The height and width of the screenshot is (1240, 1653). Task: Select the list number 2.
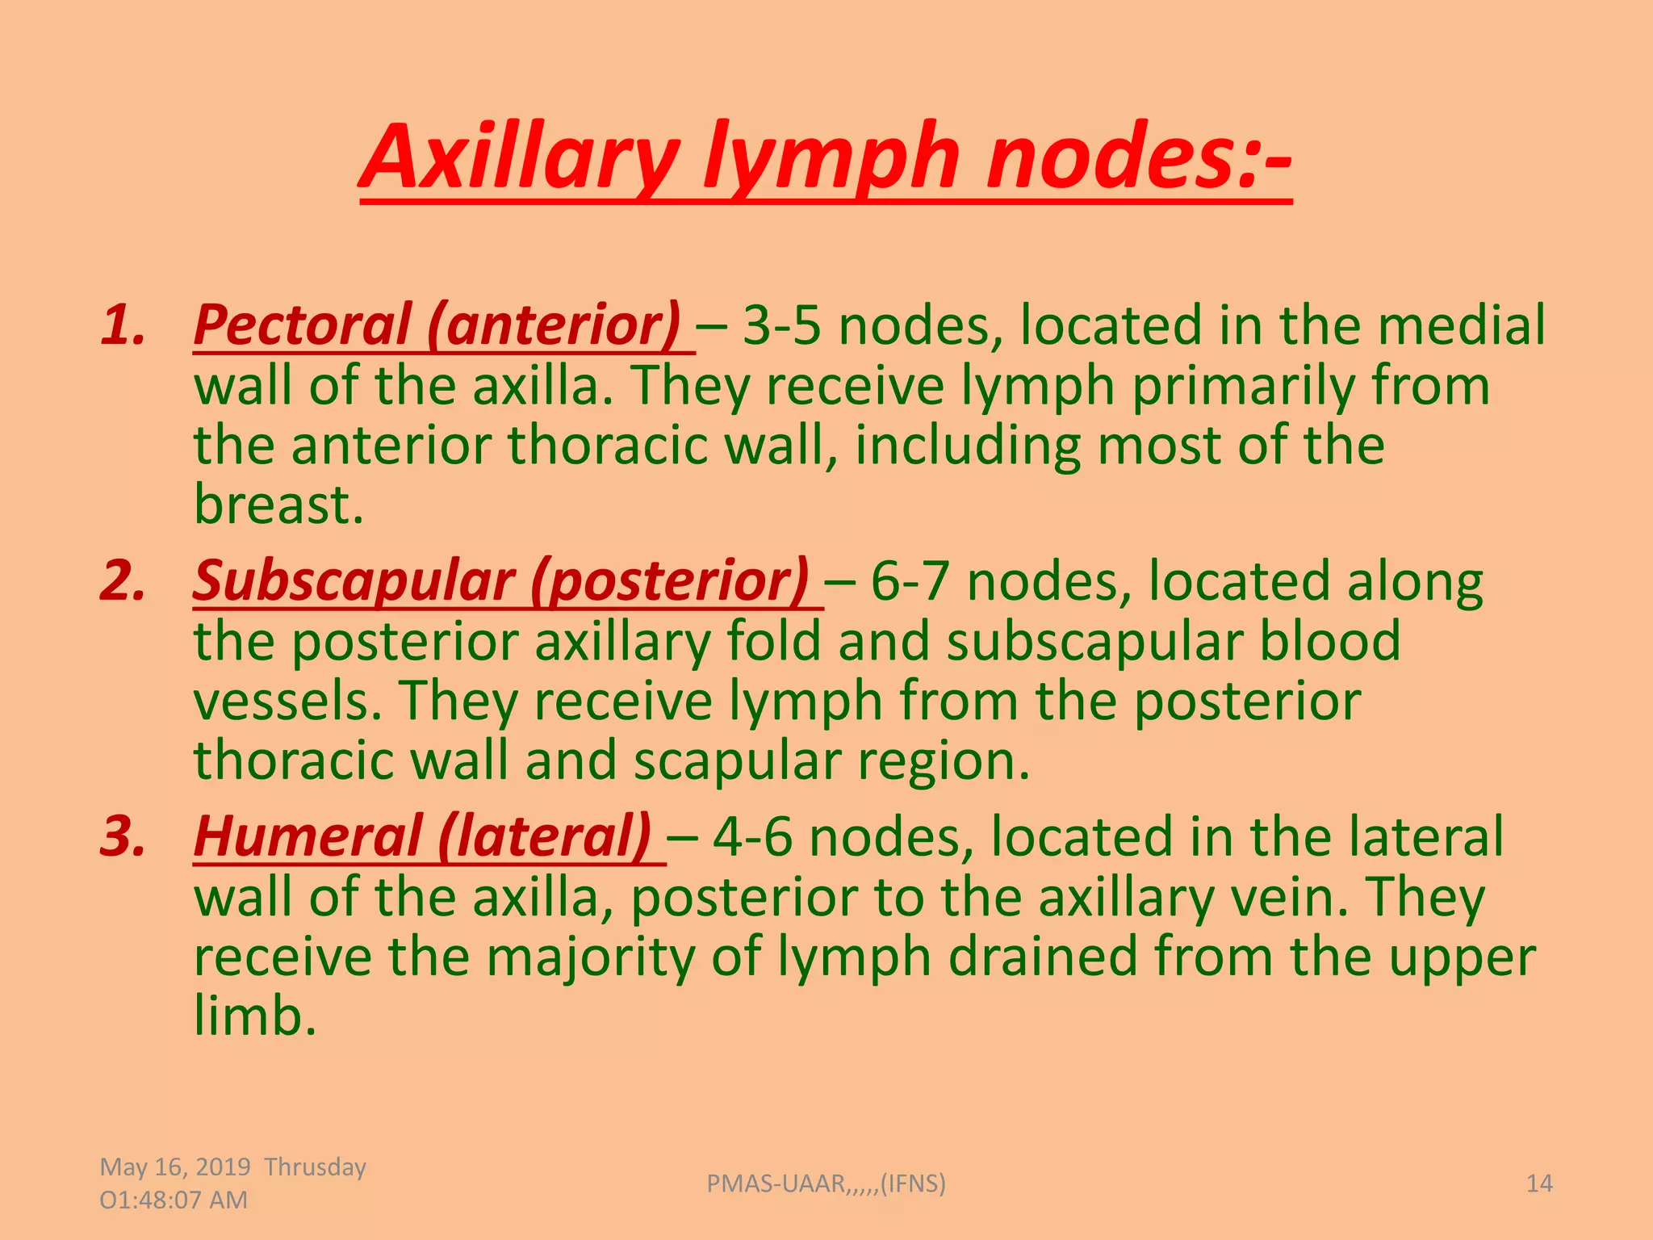point(123,581)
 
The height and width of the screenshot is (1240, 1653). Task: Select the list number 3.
point(123,836)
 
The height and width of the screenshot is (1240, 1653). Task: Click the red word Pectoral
point(303,325)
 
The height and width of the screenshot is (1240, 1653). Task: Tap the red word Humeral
point(307,836)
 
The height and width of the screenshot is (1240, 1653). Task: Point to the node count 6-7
point(910,581)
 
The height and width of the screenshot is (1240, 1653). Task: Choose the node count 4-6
point(752,836)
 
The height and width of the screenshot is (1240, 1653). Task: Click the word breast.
point(278,505)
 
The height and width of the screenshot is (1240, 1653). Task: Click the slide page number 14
point(1539,1183)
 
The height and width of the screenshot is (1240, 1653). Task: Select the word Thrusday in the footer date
point(315,1167)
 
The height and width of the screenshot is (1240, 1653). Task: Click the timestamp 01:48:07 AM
point(174,1200)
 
